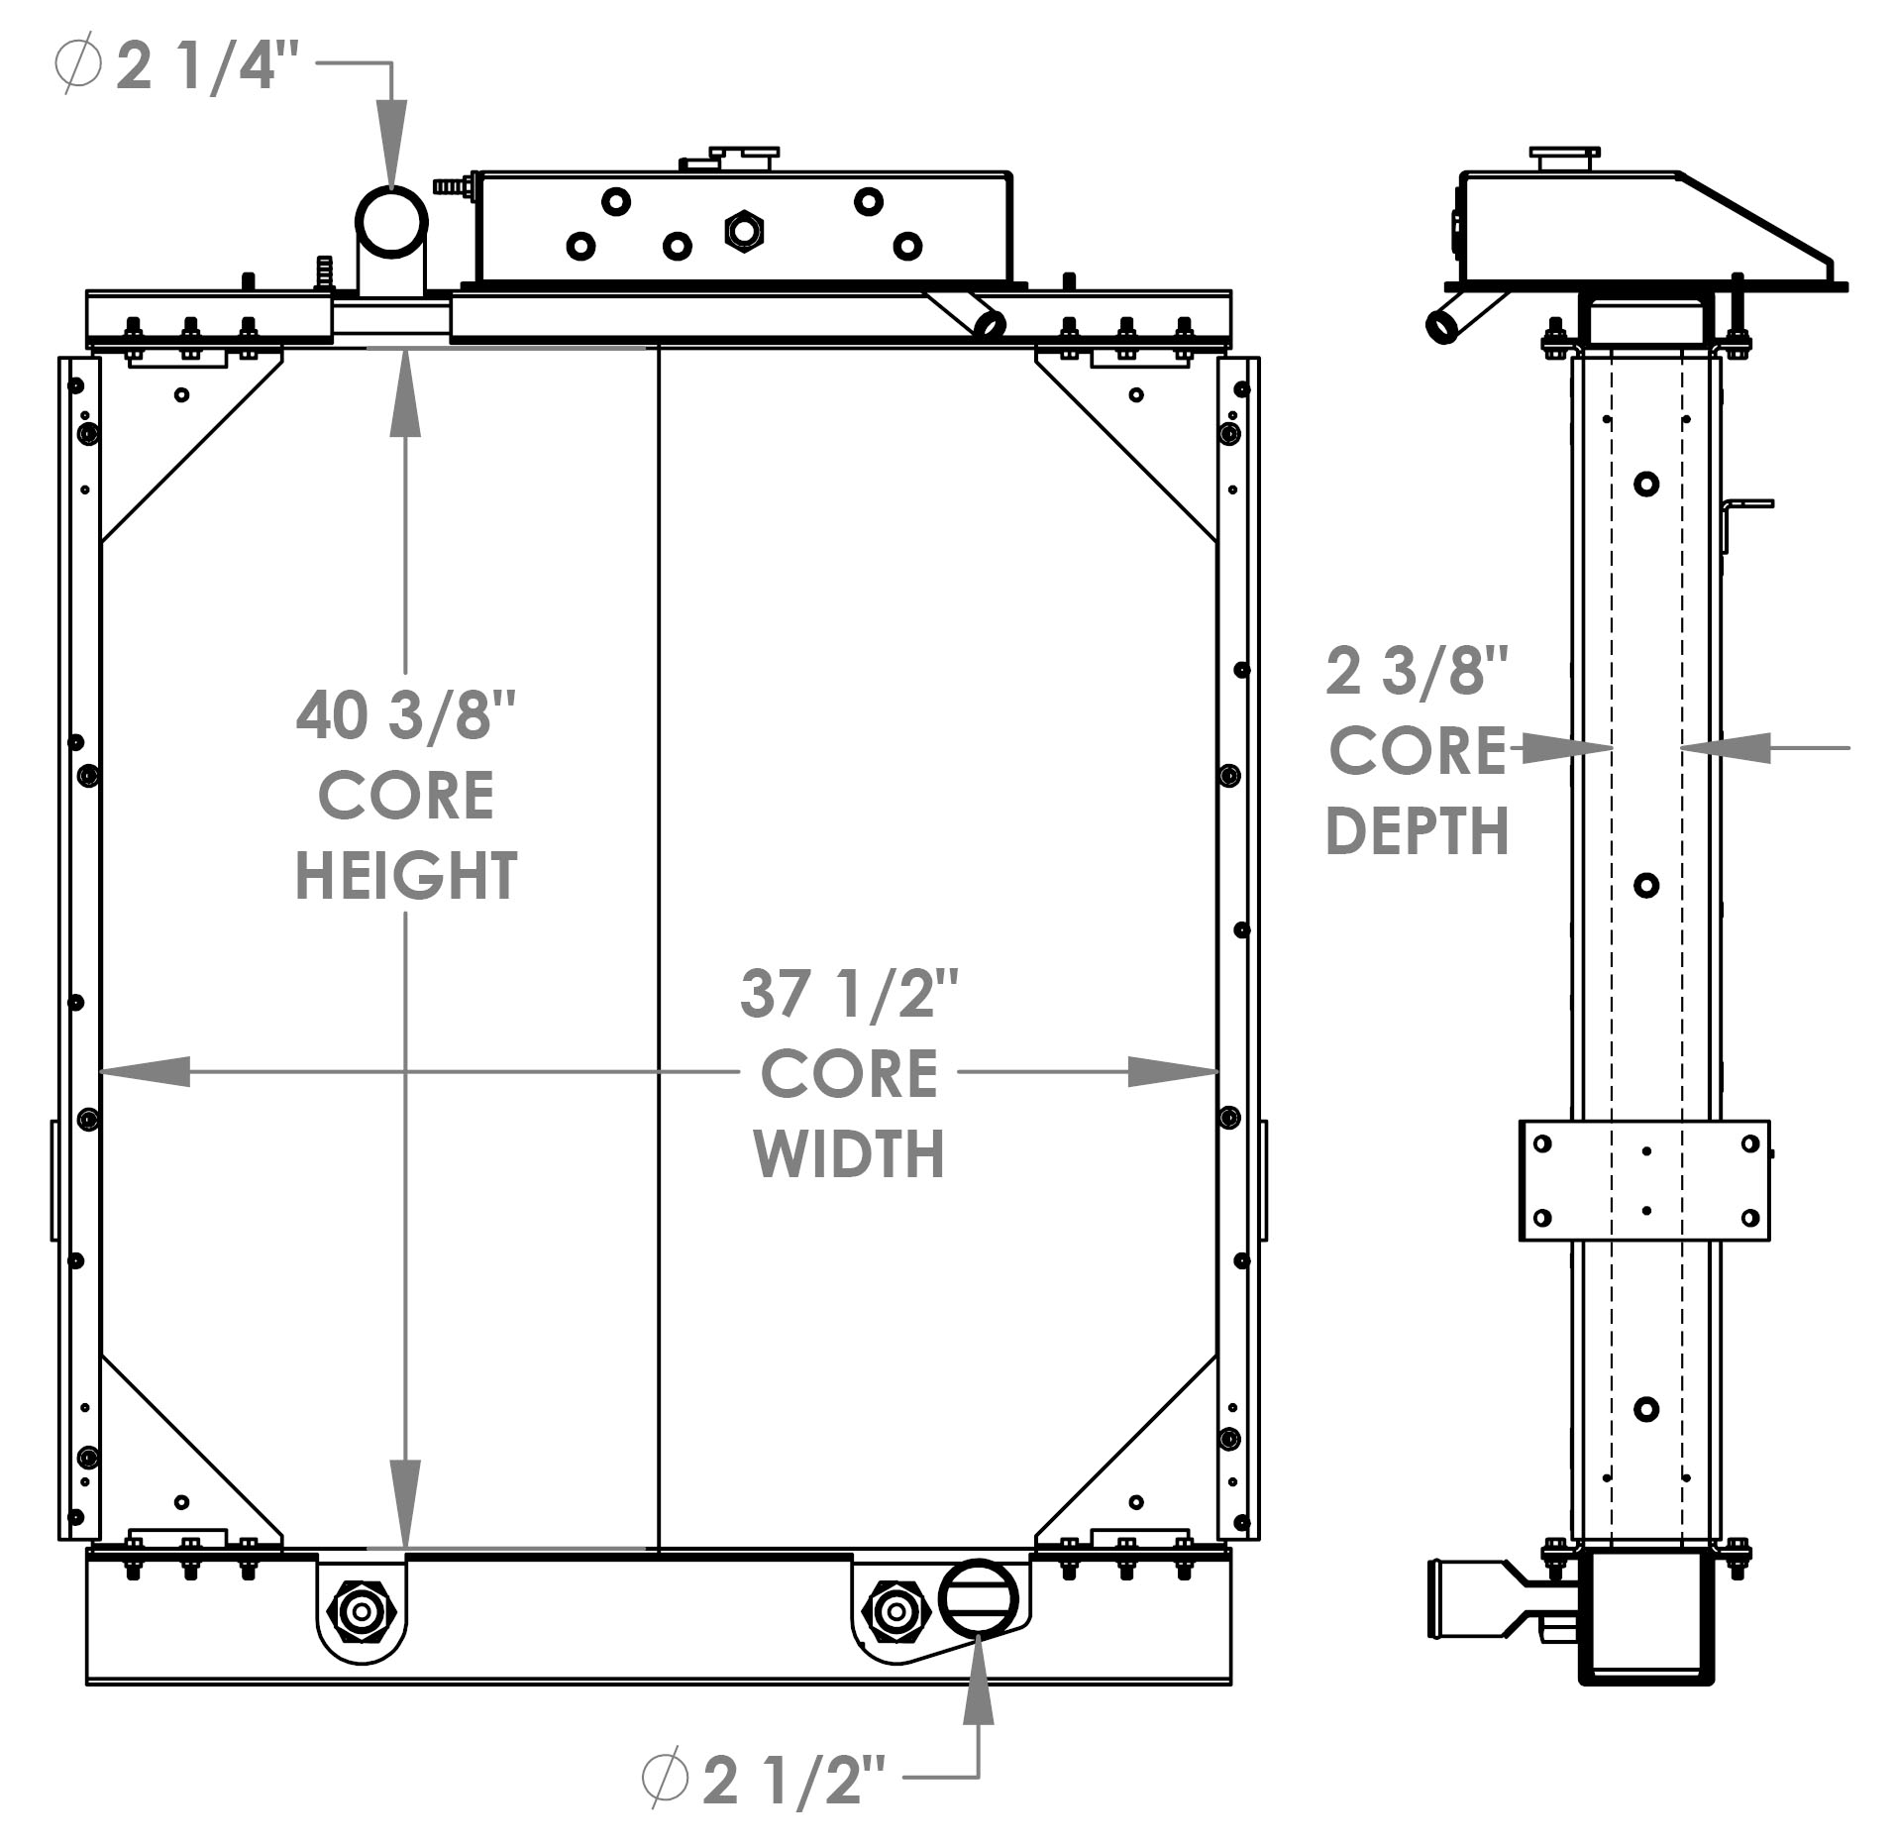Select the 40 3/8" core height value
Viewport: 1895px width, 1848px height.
406,715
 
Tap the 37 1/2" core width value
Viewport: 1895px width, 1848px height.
849,994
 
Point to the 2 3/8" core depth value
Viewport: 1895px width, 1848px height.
1417,671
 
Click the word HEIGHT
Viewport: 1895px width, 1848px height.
406,876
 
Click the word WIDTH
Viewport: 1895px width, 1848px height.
849,1154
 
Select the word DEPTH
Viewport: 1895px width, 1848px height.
1417,831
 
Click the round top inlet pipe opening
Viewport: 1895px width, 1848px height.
391,222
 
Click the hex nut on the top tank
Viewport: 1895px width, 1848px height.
743,231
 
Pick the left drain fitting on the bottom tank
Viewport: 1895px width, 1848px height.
362,1611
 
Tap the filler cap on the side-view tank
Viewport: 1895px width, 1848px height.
1564,159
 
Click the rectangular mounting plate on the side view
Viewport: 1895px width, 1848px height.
1644,1180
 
